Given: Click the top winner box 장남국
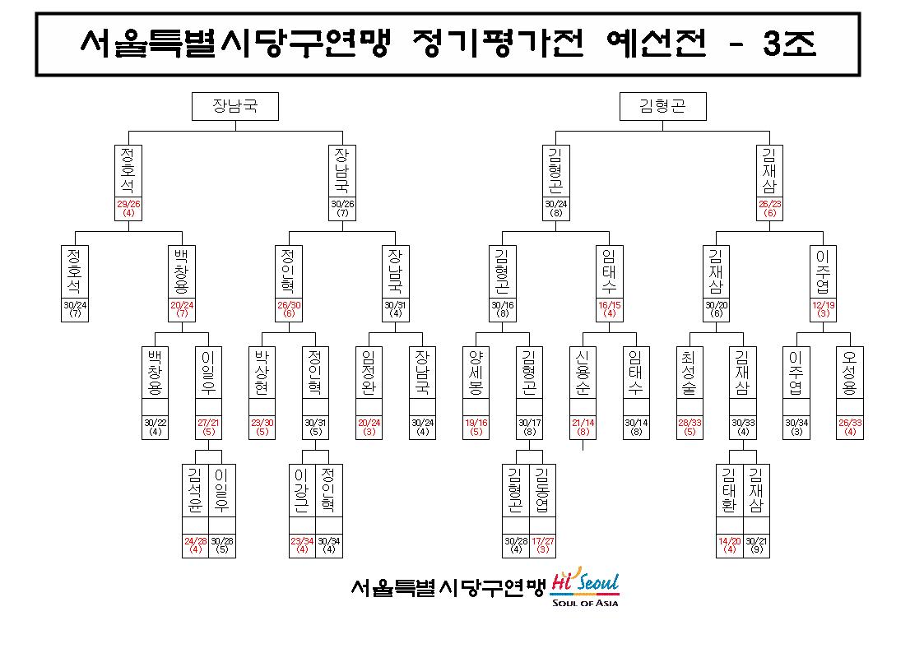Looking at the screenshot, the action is coord(235,106).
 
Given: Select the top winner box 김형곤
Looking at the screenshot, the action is coord(663,106).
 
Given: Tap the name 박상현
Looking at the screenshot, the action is coord(262,372).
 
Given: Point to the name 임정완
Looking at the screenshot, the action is coord(369,372).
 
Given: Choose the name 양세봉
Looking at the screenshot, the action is coord(476,372).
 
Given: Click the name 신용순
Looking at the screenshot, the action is coord(583,372).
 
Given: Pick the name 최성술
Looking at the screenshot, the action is coord(690,372).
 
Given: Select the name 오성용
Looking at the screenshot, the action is coord(850,372).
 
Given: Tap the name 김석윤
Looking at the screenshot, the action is coord(195,490).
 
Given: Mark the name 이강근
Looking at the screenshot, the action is coord(302,490).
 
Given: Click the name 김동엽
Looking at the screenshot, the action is coord(543,490).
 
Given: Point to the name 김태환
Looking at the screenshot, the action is coord(730,490).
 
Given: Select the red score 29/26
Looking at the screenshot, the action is coord(128,204).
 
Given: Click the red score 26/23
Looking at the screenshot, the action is coord(769,204).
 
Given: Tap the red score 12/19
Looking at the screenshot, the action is coord(824,305).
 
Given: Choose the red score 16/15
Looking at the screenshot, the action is coord(610,305).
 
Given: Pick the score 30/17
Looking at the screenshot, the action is coord(529,423).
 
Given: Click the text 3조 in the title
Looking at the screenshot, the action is coord(790,43).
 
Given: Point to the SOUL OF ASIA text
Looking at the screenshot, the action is coord(585,602).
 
